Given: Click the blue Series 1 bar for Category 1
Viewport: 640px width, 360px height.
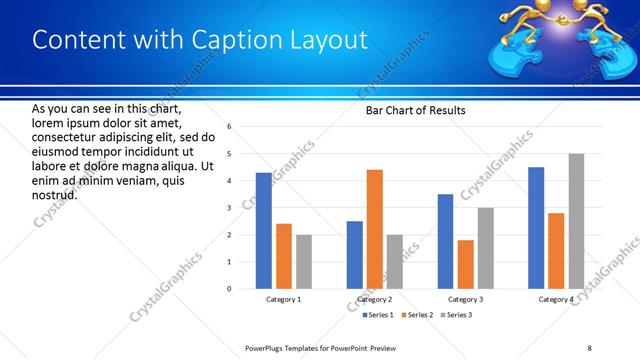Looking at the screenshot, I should point(263,231).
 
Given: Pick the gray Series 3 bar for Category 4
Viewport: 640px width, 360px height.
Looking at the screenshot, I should point(576,221).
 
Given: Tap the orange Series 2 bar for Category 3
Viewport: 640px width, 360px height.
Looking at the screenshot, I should point(465,264).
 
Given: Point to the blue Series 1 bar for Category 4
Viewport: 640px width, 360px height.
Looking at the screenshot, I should point(536,228).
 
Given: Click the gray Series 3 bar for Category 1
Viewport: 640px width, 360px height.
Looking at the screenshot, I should point(303,262).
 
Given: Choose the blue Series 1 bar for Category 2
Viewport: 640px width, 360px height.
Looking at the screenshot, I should point(355,255).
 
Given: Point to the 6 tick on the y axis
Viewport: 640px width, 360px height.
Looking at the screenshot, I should point(229,127).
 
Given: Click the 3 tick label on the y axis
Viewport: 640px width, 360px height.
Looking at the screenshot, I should point(229,208).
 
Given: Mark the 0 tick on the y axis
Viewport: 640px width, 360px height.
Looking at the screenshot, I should point(229,289).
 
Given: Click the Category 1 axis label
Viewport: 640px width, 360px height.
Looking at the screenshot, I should point(283,299).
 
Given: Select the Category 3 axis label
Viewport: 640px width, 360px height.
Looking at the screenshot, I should point(465,299).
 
